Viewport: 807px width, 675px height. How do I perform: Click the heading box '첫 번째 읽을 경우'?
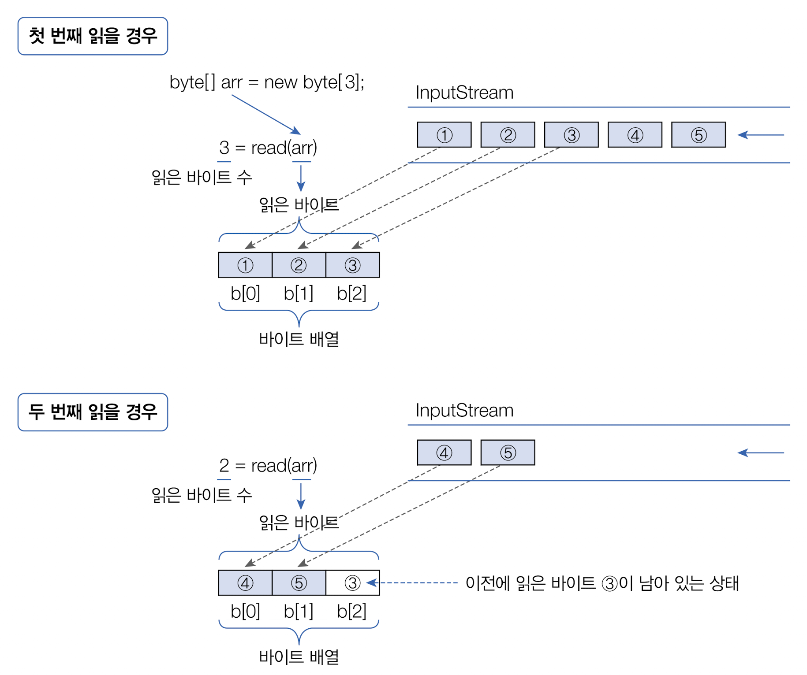tap(93, 36)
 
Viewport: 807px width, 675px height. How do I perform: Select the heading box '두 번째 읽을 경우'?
tap(93, 412)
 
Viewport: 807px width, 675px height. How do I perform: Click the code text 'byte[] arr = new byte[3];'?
tap(267, 82)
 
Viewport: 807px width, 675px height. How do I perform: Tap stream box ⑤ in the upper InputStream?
tap(698, 135)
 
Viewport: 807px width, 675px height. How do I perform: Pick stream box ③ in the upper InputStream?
tap(571, 135)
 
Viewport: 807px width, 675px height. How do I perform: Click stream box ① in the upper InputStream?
tap(444, 135)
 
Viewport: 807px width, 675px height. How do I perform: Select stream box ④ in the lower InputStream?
tap(444, 452)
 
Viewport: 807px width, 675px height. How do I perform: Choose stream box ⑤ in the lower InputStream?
tap(508, 452)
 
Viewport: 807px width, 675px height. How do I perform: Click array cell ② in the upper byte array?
tap(299, 265)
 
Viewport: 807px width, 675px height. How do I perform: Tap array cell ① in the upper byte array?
tap(245, 265)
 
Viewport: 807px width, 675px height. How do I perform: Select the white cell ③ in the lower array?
tap(352, 583)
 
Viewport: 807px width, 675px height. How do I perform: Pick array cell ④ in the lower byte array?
tap(245, 583)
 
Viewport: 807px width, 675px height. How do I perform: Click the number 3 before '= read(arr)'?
tap(224, 148)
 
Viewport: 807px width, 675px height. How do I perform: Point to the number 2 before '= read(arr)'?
tap(224, 466)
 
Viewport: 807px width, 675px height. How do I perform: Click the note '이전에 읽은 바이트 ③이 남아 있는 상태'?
tap(602, 583)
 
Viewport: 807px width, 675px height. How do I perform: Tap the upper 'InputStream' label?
tap(464, 93)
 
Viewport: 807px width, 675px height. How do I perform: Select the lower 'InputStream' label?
tap(464, 411)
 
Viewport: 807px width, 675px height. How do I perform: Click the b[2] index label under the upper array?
tap(351, 293)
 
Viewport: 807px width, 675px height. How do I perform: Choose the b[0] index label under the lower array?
tap(245, 611)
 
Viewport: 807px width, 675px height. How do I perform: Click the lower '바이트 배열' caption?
tap(299, 657)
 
